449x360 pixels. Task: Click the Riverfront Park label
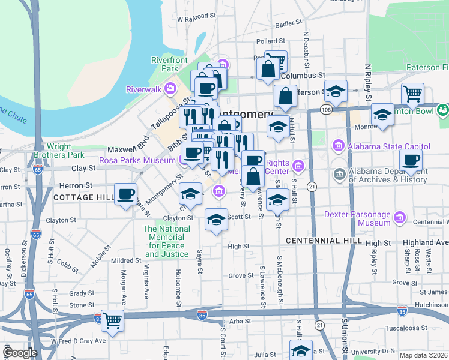(170, 65)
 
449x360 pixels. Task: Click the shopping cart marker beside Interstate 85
(112, 320)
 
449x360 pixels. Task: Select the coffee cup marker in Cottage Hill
(125, 194)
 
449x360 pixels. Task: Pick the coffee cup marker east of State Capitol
(411, 160)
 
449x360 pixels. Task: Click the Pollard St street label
(266, 41)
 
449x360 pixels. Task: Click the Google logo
(21, 353)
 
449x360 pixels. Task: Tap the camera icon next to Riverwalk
(171, 89)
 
